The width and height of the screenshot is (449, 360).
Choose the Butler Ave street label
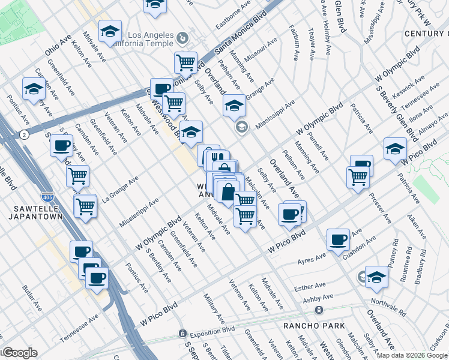pyautogui.click(x=32, y=298)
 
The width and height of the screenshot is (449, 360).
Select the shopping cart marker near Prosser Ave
pyautogui.click(x=358, y=176)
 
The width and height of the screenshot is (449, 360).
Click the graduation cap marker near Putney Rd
pyautogui.click(x=376, y=277)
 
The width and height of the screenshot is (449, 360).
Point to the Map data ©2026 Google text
pyautogui.click(x=412, y=355)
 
